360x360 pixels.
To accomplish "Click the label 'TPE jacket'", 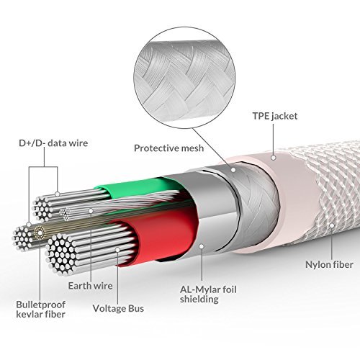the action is [275, 117].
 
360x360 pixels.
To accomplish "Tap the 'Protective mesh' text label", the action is [168, 148].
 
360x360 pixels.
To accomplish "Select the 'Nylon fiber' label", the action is [329, 265].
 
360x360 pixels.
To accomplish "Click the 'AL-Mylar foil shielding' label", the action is [208, 294].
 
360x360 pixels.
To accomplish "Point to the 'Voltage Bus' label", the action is [118, 308].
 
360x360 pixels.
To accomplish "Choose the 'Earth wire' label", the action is [90, 286].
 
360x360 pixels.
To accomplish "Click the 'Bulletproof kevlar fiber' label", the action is [40, 310].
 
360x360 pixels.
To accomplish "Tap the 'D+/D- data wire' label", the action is [53, 143].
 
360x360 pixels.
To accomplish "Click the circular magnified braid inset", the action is [184, 78].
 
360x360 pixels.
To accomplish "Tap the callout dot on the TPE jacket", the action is [273, 158].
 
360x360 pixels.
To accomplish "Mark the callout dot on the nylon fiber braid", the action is [332, 225].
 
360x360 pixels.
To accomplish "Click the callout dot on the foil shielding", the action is [202, 246].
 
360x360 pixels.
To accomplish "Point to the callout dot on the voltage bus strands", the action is [117, 250].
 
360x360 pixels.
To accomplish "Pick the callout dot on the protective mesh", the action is [233, 170].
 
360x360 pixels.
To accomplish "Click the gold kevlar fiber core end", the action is [40, 233].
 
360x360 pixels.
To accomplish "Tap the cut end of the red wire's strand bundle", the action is [60, 254].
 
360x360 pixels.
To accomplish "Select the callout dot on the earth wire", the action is [91, 211].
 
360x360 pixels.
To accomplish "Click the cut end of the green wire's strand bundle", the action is [42, 208].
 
